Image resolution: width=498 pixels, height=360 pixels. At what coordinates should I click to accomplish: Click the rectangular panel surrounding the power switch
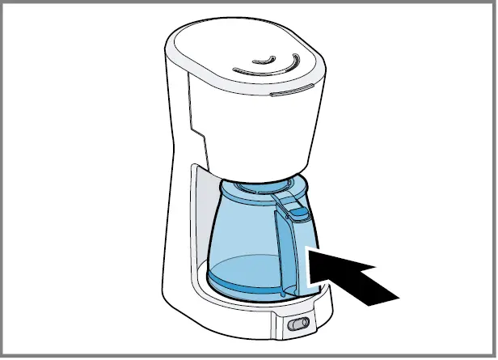tap(298, 324)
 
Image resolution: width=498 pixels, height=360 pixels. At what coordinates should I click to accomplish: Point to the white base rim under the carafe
tap(243, 311)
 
